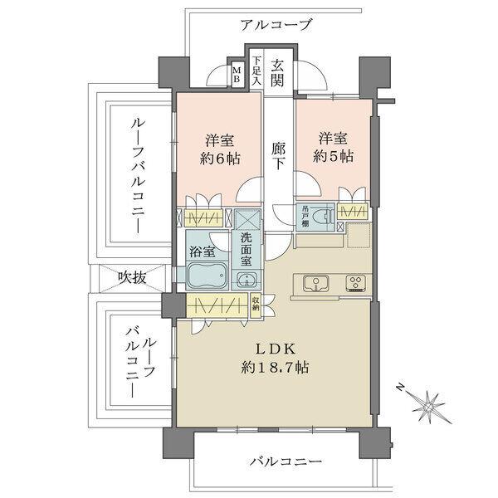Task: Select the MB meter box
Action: coord(237,76)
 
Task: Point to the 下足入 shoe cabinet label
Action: coord(256,72)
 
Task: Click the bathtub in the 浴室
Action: coord(203,275)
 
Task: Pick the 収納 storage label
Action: coord(256,304)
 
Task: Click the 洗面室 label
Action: coord(246,248)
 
